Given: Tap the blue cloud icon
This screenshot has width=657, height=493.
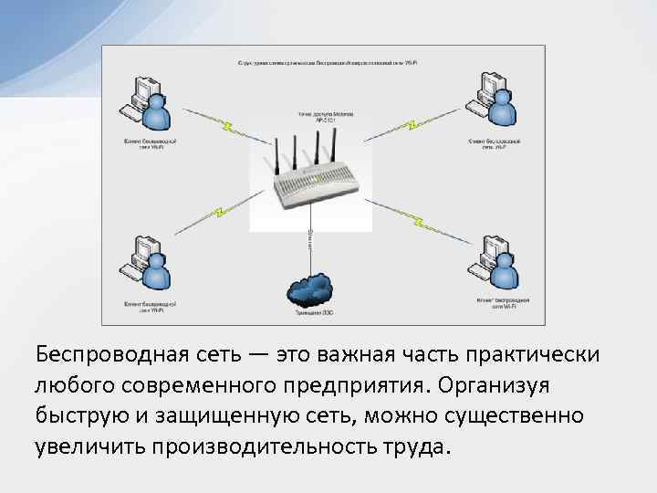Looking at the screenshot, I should [x=309, y=289].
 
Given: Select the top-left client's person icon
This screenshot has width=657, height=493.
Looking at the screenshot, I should [x=156, y=112].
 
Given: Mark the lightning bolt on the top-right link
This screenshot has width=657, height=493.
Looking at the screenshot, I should [x=412, y=122].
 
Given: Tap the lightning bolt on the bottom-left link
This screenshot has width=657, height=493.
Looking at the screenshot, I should [x=218, y=214].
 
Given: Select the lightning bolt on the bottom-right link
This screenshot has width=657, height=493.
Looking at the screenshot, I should [x=419, y=219].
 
